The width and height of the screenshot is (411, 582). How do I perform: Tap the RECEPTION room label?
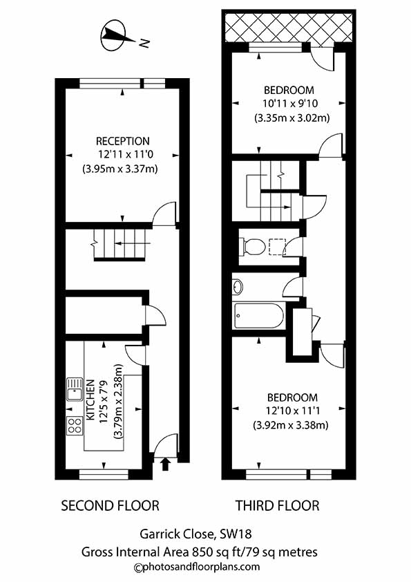pos(122,141)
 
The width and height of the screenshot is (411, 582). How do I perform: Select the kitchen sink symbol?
pos(75,394)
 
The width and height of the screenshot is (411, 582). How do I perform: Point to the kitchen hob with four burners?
pos(74,425)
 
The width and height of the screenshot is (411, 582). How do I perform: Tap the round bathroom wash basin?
pos(237,285)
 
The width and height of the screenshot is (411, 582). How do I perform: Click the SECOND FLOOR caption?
pos(111,506)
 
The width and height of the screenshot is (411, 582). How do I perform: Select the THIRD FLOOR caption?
pos(278,506)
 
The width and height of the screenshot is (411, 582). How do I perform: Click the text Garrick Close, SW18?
pos(205,533)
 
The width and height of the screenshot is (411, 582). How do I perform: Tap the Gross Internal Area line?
pos(205,552)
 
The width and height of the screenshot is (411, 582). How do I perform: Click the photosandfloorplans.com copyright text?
pos(205,567)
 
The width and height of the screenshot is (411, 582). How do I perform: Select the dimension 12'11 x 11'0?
pos(122,155)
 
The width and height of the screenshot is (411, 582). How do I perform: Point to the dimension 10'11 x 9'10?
pos(290,104)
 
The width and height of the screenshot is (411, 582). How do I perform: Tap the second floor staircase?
pos(122,245)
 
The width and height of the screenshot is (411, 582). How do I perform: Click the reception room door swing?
pos(164,214)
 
